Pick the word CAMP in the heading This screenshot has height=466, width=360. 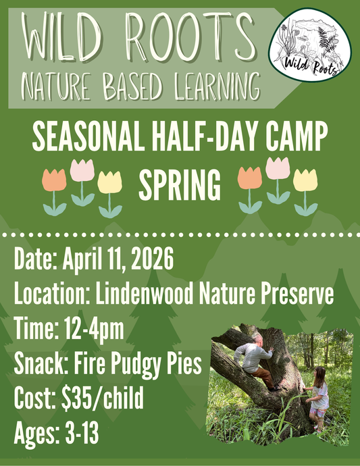coord(292,138)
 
